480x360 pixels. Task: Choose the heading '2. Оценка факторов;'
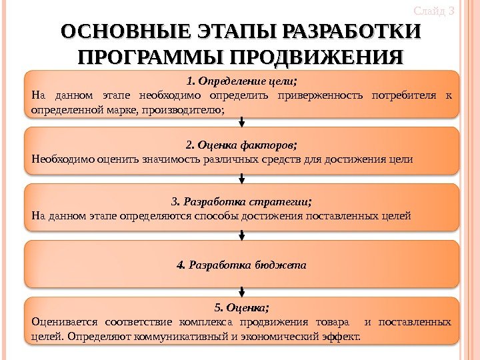tap(241, 144)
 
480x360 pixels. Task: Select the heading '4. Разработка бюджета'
tap(241, 265)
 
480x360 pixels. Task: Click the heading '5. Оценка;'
tap(241, 308)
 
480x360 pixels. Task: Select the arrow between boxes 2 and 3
tap(241, 179)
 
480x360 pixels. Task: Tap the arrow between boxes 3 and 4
tap(241, 235)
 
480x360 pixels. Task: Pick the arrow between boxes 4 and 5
tap(241, 291)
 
